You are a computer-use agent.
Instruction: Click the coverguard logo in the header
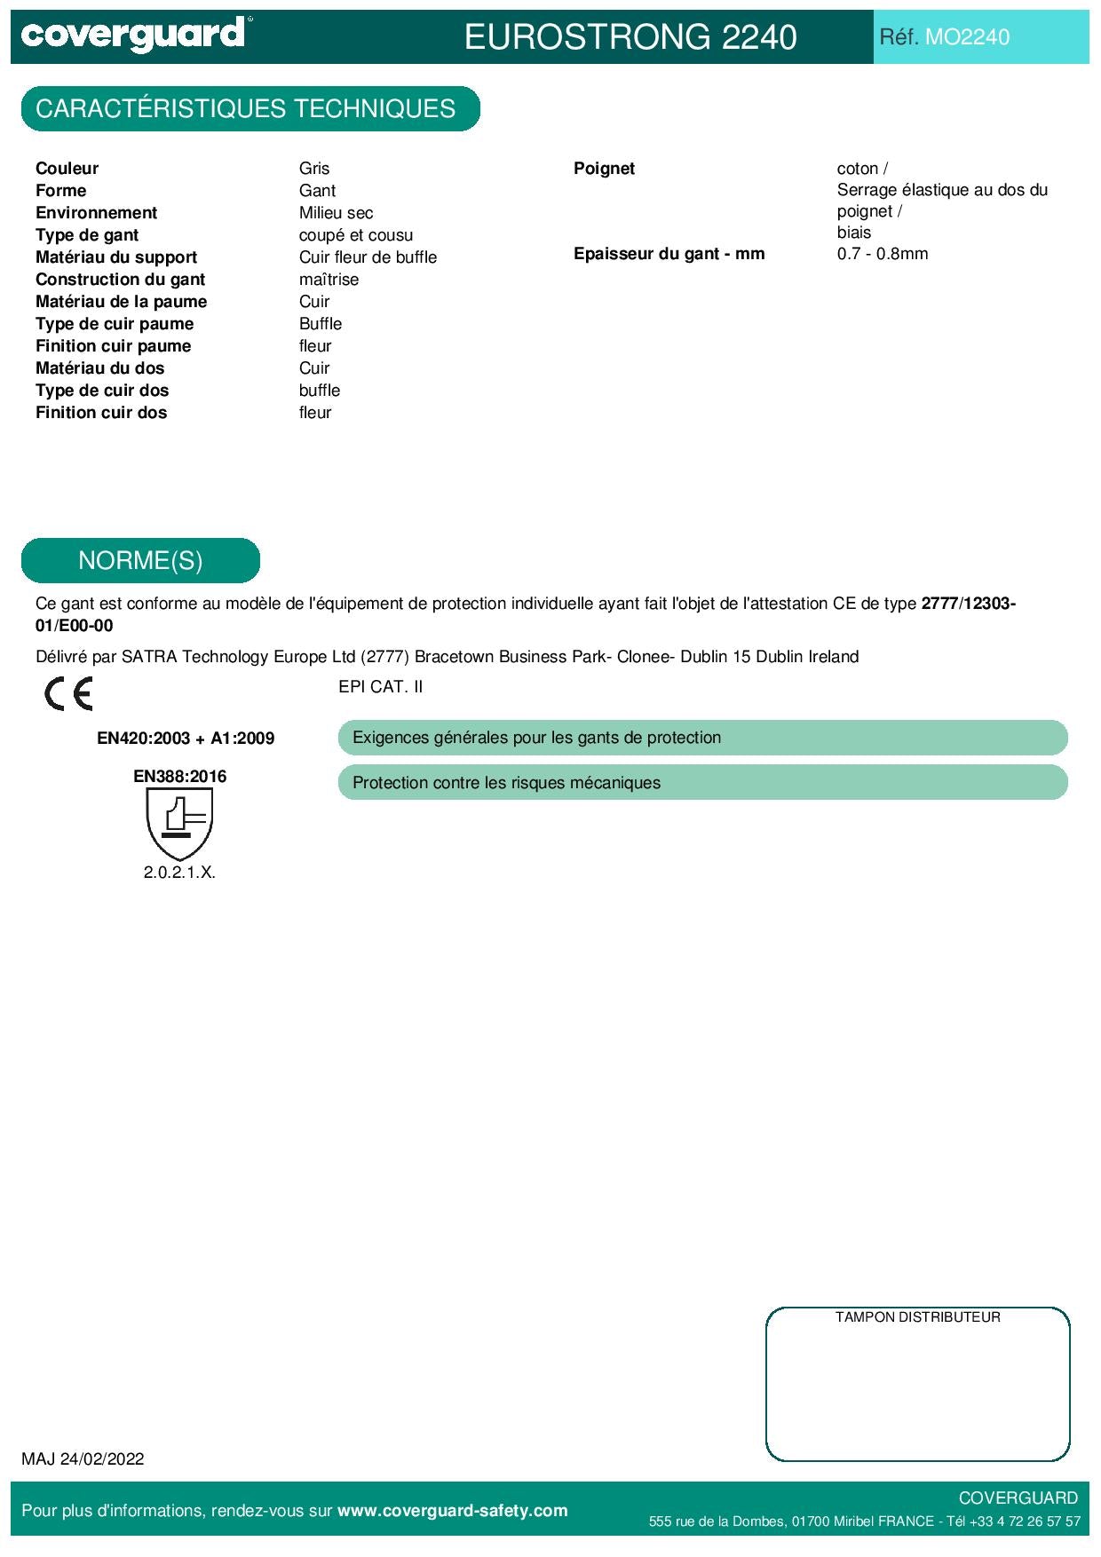(133, 36)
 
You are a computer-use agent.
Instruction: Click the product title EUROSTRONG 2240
(630, 37)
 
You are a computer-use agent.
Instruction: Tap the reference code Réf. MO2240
(944, 37)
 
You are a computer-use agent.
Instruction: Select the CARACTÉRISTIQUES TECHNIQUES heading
(246, 109)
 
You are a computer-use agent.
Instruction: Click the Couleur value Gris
(314, 169)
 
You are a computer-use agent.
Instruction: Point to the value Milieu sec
(336, 213)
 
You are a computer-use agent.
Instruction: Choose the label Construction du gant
(120, 280)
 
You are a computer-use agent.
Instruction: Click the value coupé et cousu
(355, 235)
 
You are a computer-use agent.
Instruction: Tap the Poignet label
(604, 169)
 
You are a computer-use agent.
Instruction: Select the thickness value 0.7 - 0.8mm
(882, 254)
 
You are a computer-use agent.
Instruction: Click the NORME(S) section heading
(140, 561)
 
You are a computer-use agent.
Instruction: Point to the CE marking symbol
(68, 694)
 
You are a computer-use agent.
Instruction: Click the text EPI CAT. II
(380, 687)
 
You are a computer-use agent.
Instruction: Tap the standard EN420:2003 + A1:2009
(186, 739)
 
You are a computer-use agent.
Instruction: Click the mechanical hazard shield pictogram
(179, 823)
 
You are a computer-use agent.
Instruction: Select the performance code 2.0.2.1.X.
(179, 873)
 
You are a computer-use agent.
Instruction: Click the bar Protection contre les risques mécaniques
(701, 783)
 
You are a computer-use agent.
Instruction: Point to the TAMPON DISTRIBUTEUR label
(917, 1317)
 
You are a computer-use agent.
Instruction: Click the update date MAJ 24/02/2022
(83, 1459)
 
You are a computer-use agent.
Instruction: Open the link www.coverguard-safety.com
(452, 1511)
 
